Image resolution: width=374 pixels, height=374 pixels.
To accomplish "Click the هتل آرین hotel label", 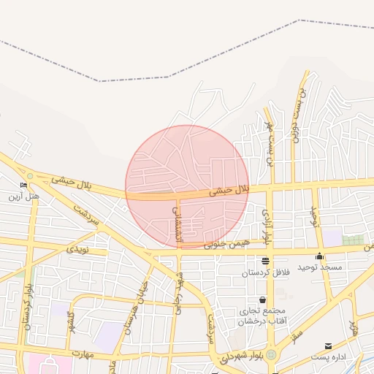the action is (23, 197).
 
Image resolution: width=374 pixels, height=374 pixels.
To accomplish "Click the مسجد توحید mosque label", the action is (320, 267).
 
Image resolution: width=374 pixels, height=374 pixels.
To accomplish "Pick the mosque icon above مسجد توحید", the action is (319, 256).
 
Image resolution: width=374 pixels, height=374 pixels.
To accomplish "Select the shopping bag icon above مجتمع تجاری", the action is (262, 300).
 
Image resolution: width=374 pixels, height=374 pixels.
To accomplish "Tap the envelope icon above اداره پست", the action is (327, 346).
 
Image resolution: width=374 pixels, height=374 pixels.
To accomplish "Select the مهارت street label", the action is (84, 354).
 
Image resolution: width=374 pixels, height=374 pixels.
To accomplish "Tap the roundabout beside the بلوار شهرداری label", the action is (271, 355).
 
